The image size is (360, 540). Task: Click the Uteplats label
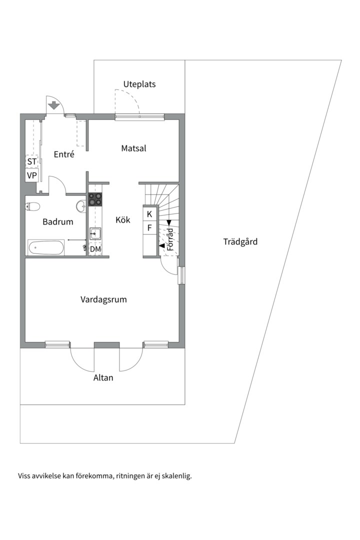pos(139,84)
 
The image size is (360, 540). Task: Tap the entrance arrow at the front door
pos(54,106)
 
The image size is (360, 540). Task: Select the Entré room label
pos(64,154)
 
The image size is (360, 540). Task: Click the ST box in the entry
pos(32,161)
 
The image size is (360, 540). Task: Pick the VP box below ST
pos(32,175)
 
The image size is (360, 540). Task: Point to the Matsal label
pos(133,148)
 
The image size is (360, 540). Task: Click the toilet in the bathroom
pos(33,205)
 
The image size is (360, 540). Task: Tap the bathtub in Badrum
pos(46,247)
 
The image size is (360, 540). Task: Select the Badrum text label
pos(58,222)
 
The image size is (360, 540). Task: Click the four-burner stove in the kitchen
pos(95,199)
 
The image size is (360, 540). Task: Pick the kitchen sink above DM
pos(95,233)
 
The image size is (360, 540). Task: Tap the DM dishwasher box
pos(95,248)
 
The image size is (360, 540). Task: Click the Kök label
pos(123,219)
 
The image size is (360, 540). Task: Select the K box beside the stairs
pos(149,214)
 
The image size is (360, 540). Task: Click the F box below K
pos(149,228)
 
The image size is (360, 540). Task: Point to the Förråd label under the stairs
pos(170,239)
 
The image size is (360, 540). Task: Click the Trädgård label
pos(240,242)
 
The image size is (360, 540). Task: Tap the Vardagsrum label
pos(103,299)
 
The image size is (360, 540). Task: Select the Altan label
pos(103,377)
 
